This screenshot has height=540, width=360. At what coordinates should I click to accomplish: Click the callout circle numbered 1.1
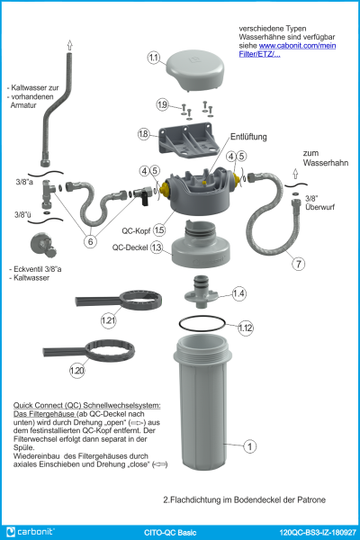(x=154, y=58)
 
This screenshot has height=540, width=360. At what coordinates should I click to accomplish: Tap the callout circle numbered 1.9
(x=162, y=105)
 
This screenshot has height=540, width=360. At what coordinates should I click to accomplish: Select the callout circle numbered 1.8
(x=143, y=134)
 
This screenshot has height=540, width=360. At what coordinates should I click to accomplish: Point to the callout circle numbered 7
(x=298, y=264)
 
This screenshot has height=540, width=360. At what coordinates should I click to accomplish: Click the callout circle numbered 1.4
(x=238, y=293)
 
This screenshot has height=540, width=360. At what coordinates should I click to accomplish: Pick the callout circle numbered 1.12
(x=246, y=328)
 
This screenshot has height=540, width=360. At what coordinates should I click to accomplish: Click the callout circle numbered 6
(x=91, y=241)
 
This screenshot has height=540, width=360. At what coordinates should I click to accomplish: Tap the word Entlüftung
(x=248, y=138)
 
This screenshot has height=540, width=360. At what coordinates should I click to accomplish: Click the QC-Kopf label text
(x=136, y=230)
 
